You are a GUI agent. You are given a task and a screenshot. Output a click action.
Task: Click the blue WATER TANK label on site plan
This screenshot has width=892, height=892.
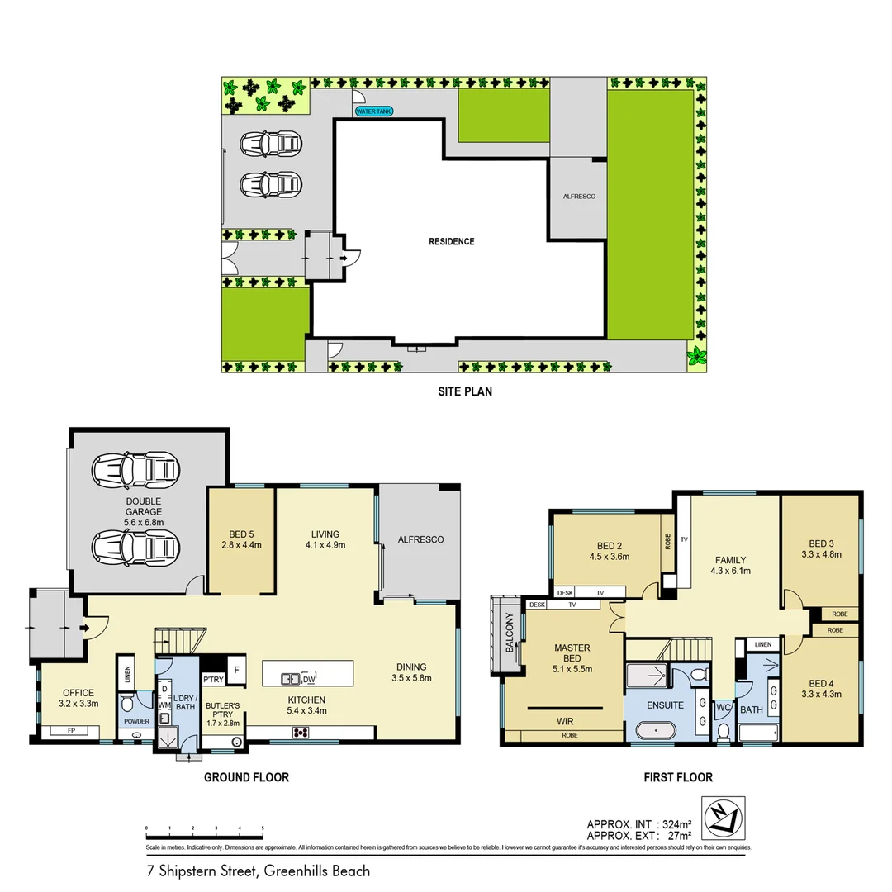point(374,111)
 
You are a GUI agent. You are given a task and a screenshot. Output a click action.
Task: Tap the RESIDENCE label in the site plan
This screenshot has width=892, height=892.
point(451,242)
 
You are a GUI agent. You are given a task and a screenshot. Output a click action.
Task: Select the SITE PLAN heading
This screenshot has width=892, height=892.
point(465,391)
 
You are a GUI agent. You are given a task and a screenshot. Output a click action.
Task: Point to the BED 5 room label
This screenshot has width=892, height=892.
point(240,534)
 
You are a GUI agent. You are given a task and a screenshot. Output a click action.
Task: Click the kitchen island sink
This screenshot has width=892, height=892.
point(290,679)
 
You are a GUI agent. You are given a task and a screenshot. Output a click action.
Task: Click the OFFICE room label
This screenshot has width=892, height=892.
point(78,699)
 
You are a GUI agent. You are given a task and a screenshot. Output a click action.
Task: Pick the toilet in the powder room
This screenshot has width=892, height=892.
point(126,705)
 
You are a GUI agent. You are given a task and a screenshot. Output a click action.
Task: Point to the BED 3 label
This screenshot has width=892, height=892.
point(821,549)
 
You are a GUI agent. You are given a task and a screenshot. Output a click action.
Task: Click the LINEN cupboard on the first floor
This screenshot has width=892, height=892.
point(763,644)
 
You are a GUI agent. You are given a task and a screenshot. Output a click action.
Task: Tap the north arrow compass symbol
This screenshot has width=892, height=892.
point(723,818)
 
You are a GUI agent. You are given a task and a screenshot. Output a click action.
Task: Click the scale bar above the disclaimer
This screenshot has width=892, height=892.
point(204,827)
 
